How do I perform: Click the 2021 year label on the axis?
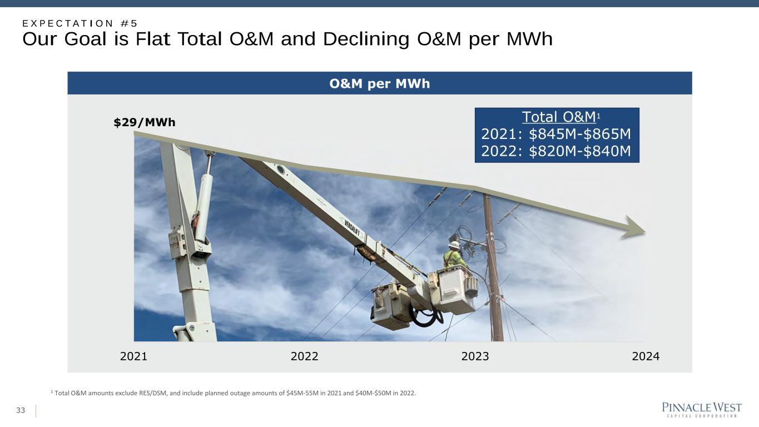(x=133, y=356)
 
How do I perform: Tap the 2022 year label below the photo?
(x=304, y=356)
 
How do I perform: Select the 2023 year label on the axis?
(x=475, y=356)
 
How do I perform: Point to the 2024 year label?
(x=646, y=356)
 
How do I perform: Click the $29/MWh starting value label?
(x=145, y=122)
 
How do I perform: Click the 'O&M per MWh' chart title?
(x=379, y=83)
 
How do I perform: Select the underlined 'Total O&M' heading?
(x=559, y=117)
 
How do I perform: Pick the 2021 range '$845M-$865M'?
(x=580, y=134)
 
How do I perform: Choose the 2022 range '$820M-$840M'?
(x=580, y=151)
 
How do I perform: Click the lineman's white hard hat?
(x=454, y=245)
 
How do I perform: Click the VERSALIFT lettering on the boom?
(x=352, y=228)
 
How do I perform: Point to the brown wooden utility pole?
(x=493, y=268)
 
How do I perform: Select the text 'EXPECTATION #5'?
(x=80, y=23)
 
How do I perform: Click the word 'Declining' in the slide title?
(x=366, y=39)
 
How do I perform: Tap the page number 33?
(x=21, y=410)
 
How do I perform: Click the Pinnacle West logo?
(x=702, y=410)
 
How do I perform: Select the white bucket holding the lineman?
(x=456, y=290)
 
